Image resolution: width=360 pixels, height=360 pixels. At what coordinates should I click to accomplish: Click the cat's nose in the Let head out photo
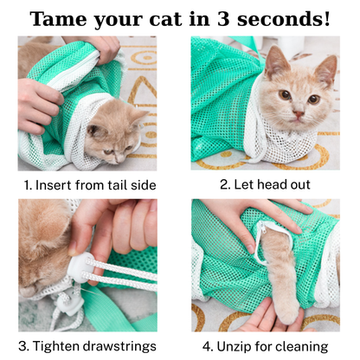click(297, 112)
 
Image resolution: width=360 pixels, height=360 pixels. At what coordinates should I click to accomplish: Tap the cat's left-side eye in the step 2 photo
click(283, 95)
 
